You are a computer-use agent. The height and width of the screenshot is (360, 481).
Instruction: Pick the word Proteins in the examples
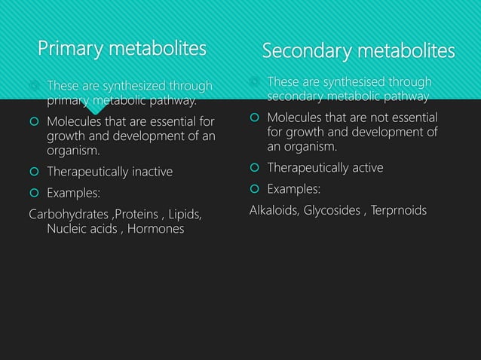pyautogui.click(x=138, y=214)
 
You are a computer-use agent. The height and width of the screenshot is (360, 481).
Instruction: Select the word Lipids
pyautogui.click(x=186, y=214)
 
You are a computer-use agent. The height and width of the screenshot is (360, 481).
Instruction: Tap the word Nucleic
pyautogui.click(x=69, y=228)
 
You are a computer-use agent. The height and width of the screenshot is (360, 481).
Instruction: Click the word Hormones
pyautogui.click(x=155, y=228)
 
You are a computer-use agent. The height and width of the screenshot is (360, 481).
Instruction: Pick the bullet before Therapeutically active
pyautogui.click(x=255, y=167)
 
